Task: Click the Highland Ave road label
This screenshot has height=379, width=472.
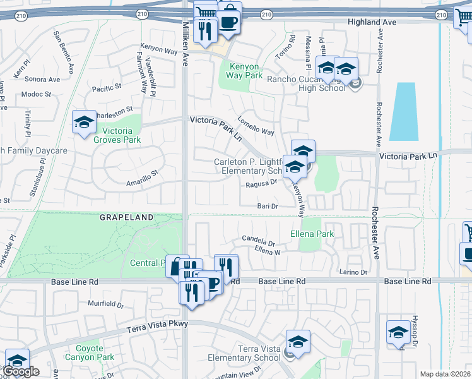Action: [x=372, y=22]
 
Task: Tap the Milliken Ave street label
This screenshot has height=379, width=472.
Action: [x=186, y=42]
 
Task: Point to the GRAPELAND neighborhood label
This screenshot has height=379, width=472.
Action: [x=126, y=217]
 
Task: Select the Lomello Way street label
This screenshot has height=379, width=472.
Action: [x=256, y=126]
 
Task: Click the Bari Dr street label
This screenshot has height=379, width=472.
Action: [x=268, y=206]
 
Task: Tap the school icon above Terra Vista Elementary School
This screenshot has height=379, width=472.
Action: [x=298, y=341]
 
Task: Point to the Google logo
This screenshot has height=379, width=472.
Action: [x=21, y=371]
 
